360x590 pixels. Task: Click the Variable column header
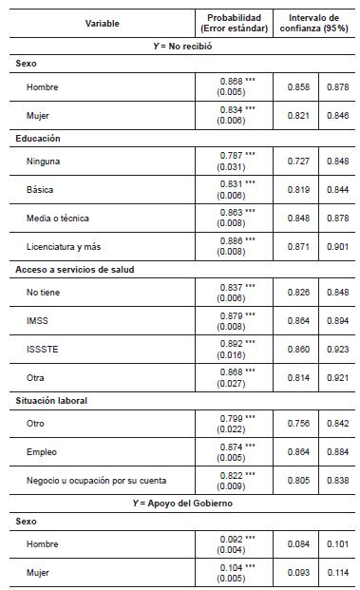tap(102, 23)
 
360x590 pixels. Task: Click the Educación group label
tap(39, 139)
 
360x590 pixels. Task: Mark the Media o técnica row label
tap(59, 218)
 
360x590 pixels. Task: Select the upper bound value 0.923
tap(338, 349)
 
